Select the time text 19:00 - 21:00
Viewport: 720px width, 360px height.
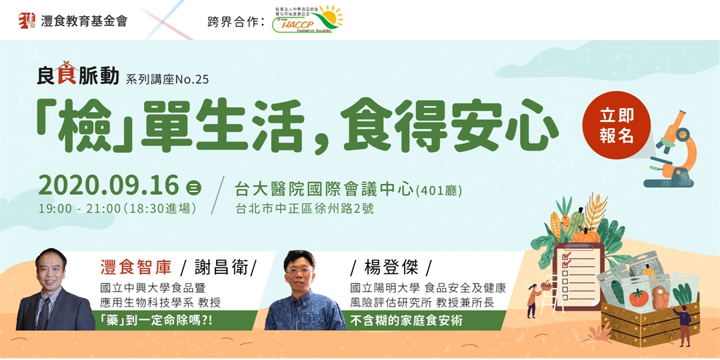tap(79, 209)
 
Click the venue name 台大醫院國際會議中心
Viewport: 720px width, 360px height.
tap(324, 190)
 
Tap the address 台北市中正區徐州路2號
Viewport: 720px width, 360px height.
tap(305, 209)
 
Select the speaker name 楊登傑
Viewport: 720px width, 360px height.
tap(391, 269)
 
